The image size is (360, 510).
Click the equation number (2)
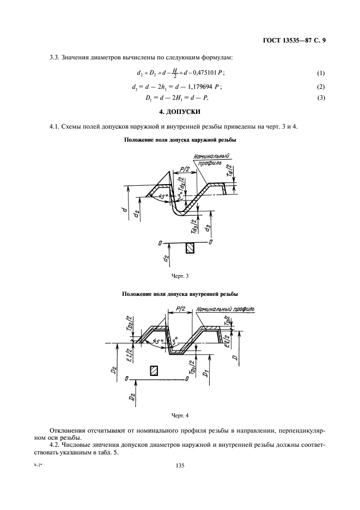[320, 86]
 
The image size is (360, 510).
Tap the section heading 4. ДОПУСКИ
[179, 112]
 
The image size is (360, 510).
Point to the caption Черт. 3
[180, 276]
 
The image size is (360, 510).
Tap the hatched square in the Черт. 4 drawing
[155, 371]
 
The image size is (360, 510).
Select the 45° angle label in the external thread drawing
[158, 196]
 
